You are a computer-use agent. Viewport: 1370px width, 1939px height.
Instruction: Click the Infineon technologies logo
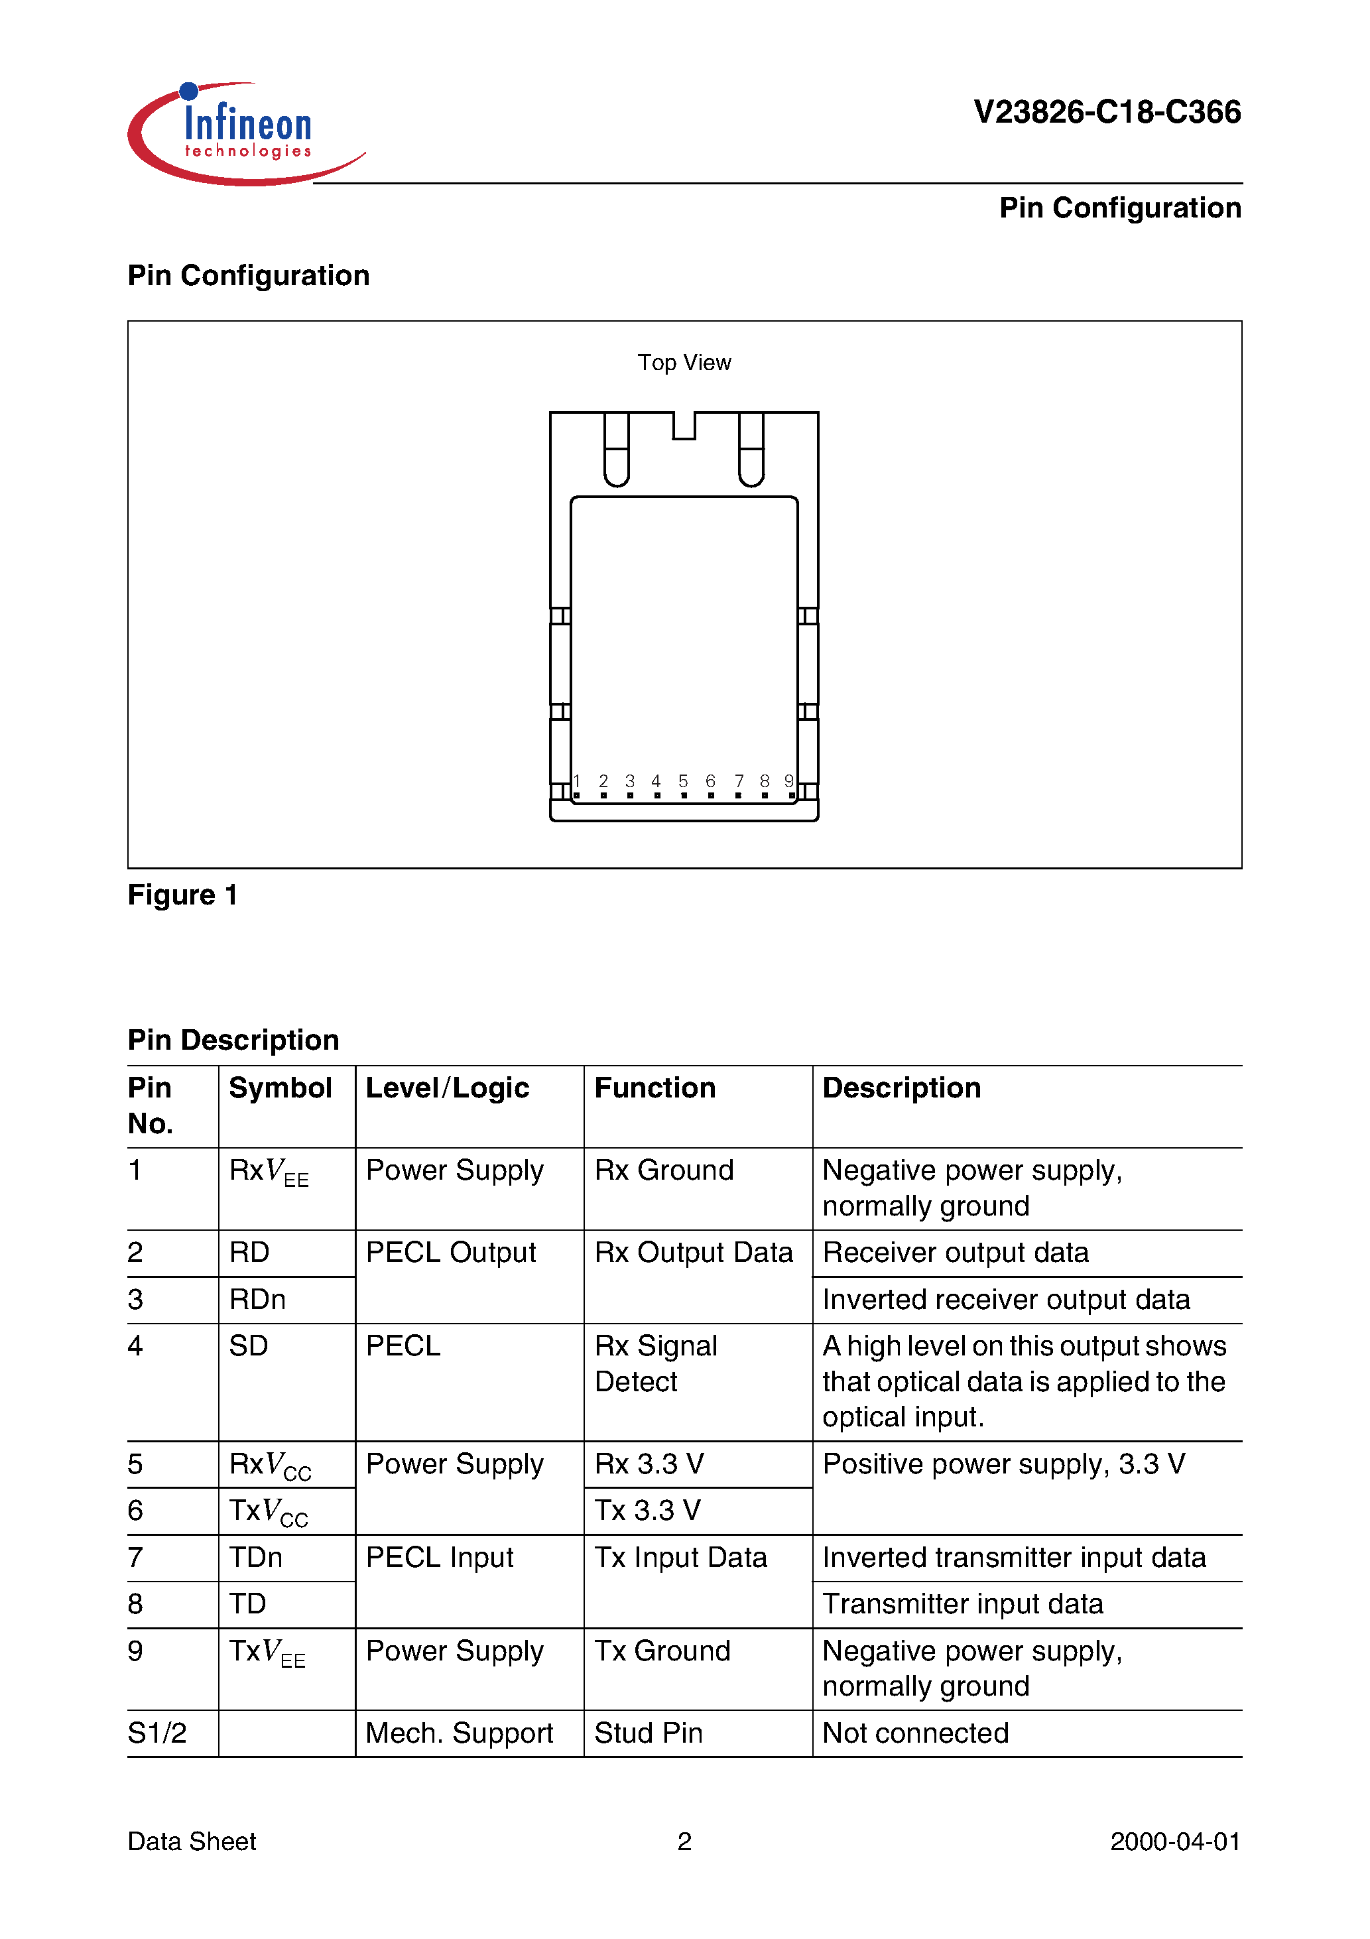click(x=245, y=133)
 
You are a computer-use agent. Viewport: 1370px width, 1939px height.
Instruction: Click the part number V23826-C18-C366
click(x=1107, y=112)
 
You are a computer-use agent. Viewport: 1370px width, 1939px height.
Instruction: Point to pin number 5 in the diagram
click(x=683, y=781)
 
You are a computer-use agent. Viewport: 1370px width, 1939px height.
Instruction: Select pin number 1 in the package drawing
click(x=577, y=781)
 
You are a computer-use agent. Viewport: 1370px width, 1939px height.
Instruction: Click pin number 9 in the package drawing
click(x=789, y=781)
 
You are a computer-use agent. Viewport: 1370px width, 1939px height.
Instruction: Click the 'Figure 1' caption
click(x=182, y=895)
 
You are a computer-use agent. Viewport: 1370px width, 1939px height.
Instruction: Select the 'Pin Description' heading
click(x=233, y=1040)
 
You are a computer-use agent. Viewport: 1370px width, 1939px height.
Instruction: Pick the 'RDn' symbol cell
click(x=257, y=1300)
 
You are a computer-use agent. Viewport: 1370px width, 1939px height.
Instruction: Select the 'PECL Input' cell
click(x=439, y=1557)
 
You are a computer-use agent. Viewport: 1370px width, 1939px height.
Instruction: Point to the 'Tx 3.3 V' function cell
click(x=648, y=1510)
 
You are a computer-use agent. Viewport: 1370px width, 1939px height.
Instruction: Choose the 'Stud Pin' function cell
click(x=649, y=1733)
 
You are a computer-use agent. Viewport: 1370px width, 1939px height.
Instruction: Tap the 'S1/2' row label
click(x=157, y=1733)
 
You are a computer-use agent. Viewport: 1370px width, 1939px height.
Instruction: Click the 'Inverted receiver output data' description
click(x=1006, y=1300)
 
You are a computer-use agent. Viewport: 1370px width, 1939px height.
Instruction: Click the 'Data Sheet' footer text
click(x=192, y=1841)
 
